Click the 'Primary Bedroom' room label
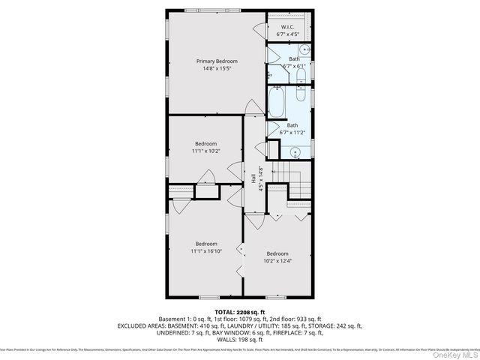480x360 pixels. pyautogui.click(x=217, y=61)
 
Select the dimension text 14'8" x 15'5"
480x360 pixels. pyautogui.click(x=217, y=69)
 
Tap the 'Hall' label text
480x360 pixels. pyautogui.click(x=253, y=179)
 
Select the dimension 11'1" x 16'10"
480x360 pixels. pyautogui.click(x=206, y=251)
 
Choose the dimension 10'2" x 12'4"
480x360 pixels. pyautogui.click(x=277, y=261)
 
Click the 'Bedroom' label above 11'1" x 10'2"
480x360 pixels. pyautogui.click(x=206, y=143)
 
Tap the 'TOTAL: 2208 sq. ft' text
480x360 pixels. pyautogui.click(x=240, y=311)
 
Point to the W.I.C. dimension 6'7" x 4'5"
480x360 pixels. pyautogui.click(x=288, y=34)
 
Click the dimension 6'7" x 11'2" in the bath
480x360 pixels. pyautogui.click(x=292, y=133)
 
